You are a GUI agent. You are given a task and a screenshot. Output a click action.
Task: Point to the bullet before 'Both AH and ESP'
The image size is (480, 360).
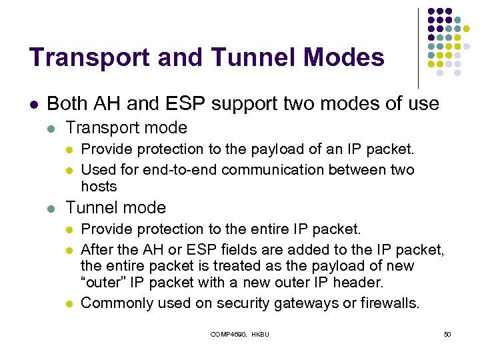[34, 105]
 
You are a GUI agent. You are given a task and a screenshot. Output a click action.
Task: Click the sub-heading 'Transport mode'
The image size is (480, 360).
[127, 127]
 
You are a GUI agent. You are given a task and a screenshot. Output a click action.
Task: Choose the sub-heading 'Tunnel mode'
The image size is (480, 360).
[116, 207]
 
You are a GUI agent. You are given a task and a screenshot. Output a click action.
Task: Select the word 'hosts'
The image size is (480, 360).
[99, 186]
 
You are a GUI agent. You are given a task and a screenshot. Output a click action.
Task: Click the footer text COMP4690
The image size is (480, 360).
[228, 333]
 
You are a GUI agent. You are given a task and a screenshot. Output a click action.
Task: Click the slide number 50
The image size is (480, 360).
[447, 333]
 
